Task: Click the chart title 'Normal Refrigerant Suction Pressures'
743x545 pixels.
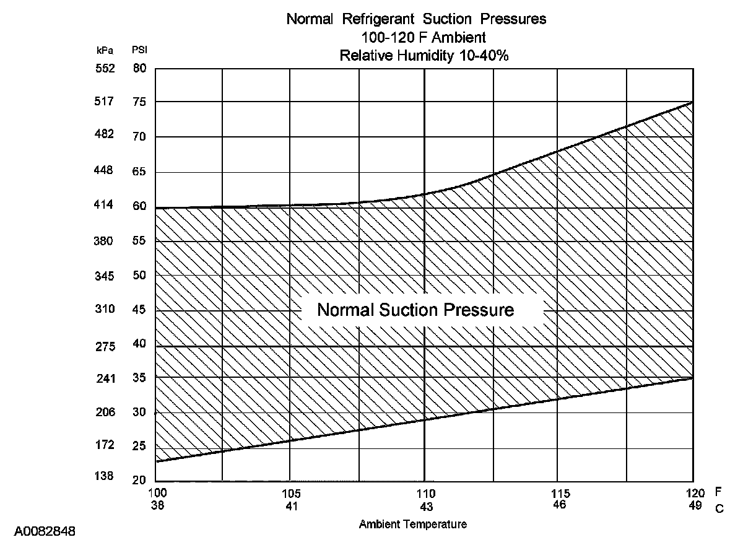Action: coord(416,19)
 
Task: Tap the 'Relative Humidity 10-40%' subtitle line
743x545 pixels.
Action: coord(424,55)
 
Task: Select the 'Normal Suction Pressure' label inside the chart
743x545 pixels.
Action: coord(415,310)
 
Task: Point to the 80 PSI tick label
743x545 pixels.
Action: coord(139,68)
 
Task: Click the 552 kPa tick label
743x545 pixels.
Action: coord(105,68)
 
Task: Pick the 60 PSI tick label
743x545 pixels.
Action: coord(139,206)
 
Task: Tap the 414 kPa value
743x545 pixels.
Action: coord(105,205)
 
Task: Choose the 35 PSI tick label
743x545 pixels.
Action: coord(139,378)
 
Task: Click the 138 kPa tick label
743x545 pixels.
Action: coord(105,476)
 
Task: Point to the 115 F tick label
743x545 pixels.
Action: coord(560,494)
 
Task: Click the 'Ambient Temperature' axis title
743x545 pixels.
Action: coord(412,525)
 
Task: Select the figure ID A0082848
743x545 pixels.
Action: coord(45,531)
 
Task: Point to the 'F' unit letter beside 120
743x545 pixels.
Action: coord(719,493)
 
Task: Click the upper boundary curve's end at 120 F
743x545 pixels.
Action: coord(692,102)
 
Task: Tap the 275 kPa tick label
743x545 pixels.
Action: coord(105,347)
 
